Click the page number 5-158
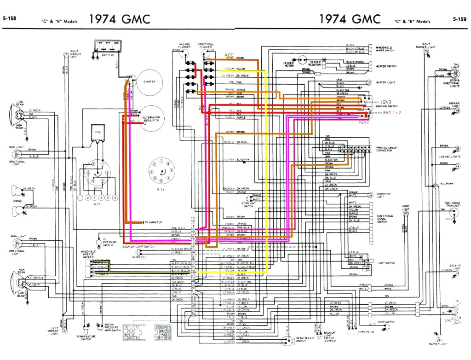9,19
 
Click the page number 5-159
460,19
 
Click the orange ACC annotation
229,55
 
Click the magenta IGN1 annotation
364,122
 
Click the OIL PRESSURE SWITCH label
108,242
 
